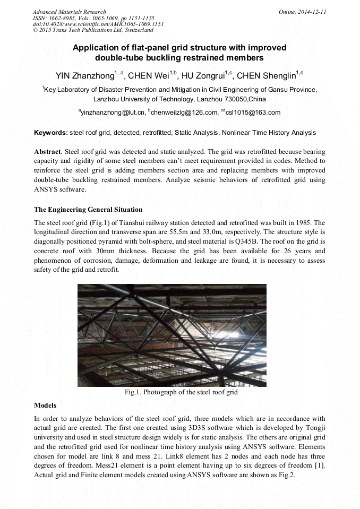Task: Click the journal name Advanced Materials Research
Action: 69,12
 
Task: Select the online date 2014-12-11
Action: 313,12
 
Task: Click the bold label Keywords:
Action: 51,133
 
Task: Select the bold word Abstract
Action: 47,151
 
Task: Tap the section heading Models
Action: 45,405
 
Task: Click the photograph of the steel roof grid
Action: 172,335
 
